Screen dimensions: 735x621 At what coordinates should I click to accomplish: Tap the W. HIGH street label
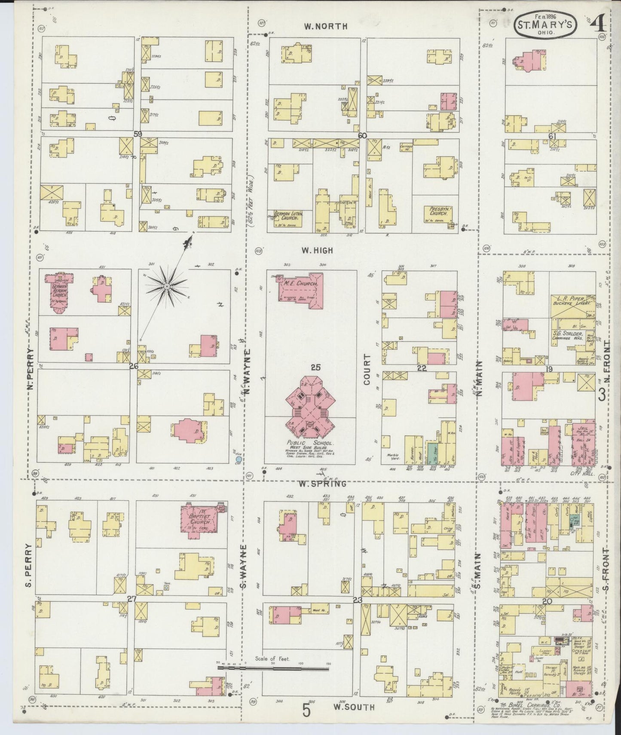click(x=317, y=250)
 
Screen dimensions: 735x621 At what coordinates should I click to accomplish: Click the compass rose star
click(x=166, y=285)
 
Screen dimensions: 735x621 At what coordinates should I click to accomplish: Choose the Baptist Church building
click(x=198, y=520)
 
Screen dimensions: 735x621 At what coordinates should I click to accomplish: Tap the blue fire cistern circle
click(x=238, y=459)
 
